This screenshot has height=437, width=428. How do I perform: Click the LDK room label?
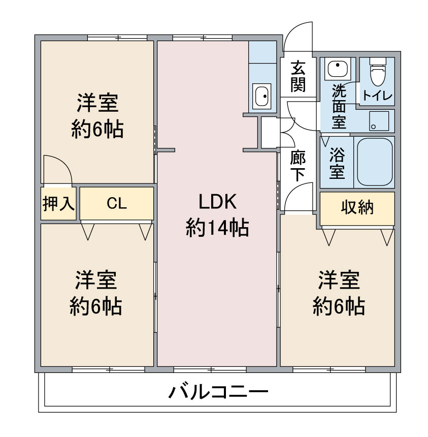[217, 202]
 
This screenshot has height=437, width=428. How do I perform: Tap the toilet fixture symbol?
[378, 72]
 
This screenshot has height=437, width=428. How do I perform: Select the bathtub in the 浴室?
[375, 162]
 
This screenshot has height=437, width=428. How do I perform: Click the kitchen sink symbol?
[262, 96]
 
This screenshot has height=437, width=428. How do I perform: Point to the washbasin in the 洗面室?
[338, 69]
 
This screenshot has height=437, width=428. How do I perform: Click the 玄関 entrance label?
[298, 76]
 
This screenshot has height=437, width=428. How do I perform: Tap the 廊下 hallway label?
[298, 166]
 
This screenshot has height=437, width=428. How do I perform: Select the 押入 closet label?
[58, 203]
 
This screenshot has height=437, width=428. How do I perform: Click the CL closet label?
[117, 203]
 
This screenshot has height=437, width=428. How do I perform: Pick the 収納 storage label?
[357, 207]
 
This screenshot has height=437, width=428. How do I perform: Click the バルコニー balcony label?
[219, 392]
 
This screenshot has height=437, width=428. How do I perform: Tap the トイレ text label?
[377, 96]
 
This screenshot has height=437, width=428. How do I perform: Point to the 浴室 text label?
[337, 163]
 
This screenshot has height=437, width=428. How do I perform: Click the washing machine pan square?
[379, 121]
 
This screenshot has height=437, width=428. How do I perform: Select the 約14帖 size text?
[217, 228]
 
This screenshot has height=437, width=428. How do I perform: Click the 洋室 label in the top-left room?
[97, 103]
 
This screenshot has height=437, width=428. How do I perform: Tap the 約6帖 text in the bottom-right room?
[339, 306]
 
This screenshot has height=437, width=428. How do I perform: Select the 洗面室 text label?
[339, 107]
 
